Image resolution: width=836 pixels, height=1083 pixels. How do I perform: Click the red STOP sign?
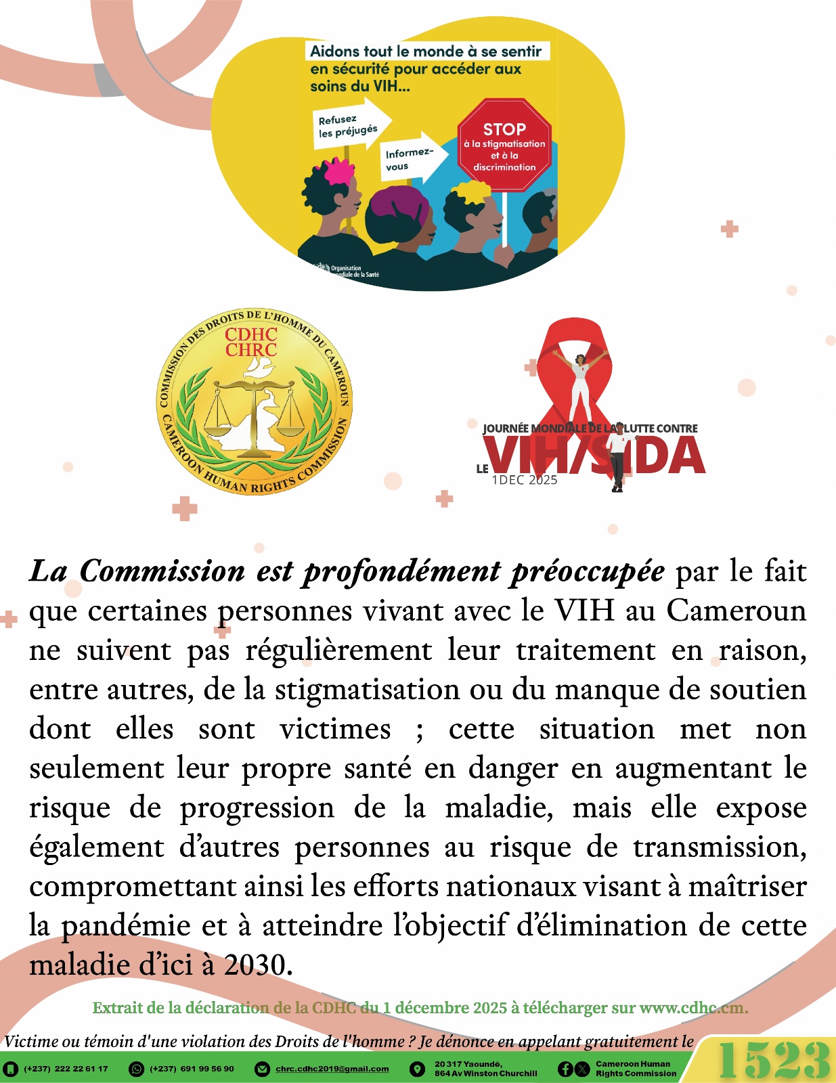pos(504,145)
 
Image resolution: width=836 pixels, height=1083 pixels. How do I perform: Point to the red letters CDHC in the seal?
pos(251,334)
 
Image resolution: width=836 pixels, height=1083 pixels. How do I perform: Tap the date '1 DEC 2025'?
pos(525,480)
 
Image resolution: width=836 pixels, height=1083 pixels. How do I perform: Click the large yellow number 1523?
pos(773,1060)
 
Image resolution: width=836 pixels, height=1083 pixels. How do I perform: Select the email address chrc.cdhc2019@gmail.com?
pos(332,1069)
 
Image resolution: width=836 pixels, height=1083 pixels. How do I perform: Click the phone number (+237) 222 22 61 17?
pos(66,1069)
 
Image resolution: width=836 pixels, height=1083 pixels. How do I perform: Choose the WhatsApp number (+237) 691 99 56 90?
pos(192,1069)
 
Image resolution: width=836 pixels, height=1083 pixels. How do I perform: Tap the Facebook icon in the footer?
pos(565,1069)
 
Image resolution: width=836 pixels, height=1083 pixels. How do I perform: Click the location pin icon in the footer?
pos(418,1069)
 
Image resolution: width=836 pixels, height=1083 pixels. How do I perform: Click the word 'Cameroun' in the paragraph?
pos(736,611)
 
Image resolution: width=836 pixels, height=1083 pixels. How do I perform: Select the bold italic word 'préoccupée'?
pos(587,571)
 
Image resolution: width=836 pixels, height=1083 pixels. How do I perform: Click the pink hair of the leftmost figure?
pos(338,171)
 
